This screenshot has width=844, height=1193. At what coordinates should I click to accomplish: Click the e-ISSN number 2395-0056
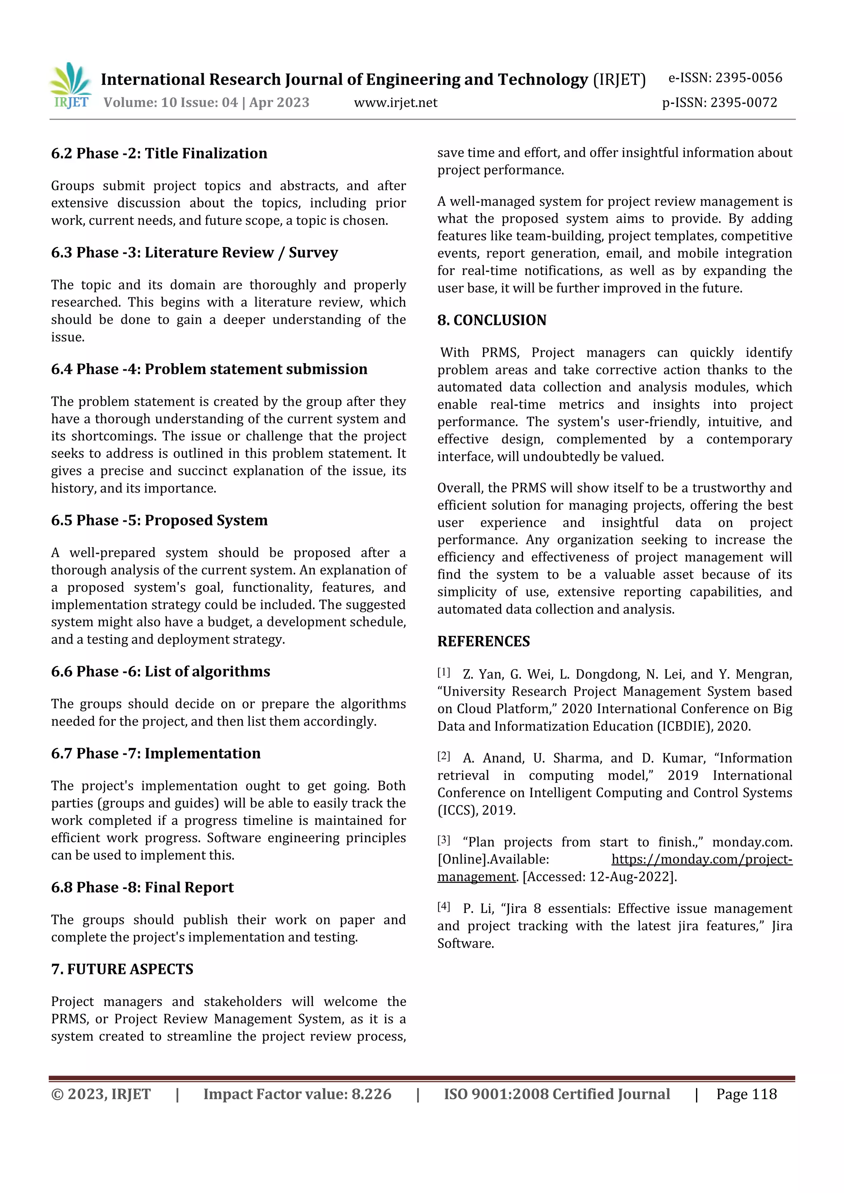[748, 78]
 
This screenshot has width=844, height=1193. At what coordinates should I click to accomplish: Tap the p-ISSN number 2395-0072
[743, 103]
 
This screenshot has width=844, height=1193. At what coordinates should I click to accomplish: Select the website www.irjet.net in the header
[395, 103]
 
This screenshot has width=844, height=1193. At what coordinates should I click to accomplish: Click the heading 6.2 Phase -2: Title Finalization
[159, 153]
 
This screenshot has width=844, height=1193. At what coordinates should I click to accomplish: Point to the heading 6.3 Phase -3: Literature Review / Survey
[195, 252]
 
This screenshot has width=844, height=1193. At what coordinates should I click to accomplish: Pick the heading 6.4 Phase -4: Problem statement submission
[209, 369]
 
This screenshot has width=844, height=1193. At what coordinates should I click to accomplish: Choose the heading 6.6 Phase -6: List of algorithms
[161, 671]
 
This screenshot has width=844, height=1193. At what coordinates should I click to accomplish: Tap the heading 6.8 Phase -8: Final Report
[143, 887]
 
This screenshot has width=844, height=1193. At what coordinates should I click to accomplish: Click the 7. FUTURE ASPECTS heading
[122, 969]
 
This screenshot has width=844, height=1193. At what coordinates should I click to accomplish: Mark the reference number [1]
[443, 673]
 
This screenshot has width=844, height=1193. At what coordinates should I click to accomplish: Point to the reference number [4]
[443, 907]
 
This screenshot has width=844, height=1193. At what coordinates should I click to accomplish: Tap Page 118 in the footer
[746, 1094]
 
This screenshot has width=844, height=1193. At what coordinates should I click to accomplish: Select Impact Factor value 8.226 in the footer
[297, 1094]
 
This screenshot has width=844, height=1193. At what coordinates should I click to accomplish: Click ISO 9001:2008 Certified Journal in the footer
[556, 1094]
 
